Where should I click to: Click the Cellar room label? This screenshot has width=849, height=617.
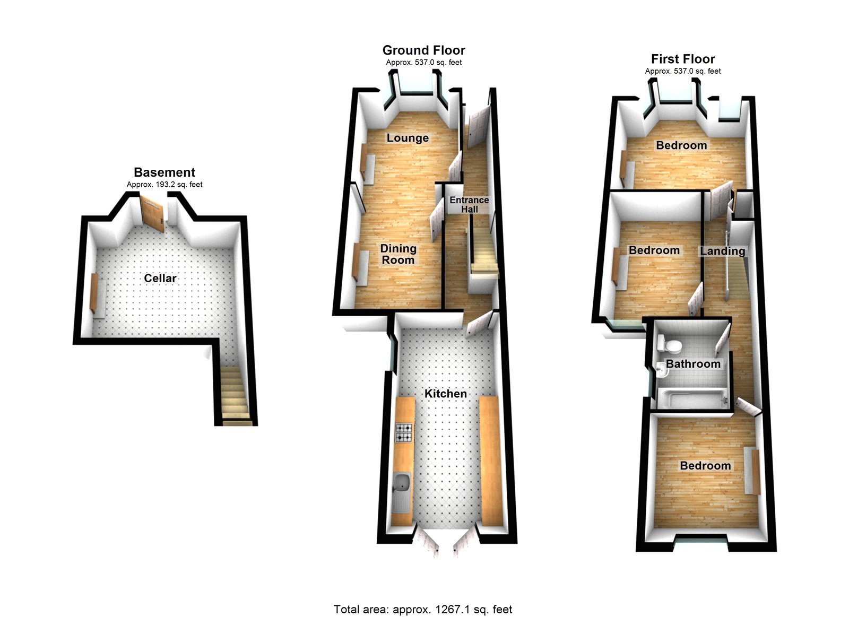160,278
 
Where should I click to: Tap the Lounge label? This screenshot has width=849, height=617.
408,138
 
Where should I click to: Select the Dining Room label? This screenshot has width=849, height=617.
398,254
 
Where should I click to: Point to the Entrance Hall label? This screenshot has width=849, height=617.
469,204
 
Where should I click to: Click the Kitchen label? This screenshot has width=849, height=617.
446,394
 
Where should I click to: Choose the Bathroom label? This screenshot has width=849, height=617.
693,364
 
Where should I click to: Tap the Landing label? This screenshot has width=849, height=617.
723,251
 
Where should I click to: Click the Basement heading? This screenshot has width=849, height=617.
164,172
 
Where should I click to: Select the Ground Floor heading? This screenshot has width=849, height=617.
423,50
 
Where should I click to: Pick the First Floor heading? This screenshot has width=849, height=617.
683,59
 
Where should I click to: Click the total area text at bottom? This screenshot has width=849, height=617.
423,610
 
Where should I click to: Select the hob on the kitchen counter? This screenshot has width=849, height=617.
404,432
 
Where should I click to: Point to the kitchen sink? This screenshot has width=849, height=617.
403,483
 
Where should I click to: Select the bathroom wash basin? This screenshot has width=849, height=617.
661,370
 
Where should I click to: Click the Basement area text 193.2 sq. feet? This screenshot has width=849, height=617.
164,185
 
